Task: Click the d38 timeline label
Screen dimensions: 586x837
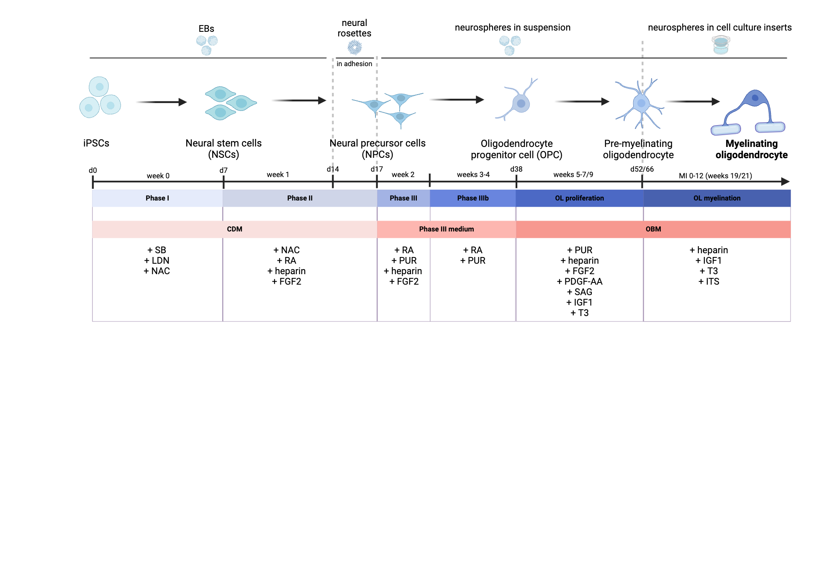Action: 516,169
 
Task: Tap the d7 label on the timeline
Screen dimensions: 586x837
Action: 223,170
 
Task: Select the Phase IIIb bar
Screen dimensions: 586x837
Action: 472,198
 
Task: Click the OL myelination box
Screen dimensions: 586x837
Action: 716,198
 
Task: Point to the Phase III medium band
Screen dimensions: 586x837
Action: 446,229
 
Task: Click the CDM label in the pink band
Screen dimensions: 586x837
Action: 234,229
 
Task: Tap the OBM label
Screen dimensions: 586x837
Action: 653,229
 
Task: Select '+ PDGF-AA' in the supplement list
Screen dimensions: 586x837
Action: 579,281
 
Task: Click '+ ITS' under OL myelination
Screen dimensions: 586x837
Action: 709,281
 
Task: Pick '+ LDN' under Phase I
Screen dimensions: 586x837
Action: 157,260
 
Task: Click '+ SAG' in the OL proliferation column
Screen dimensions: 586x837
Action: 579,292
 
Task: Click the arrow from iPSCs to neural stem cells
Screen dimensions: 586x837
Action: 161,102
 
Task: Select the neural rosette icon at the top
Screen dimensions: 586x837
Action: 354,47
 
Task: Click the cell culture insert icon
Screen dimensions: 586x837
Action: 721,45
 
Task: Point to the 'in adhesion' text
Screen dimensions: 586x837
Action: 354,64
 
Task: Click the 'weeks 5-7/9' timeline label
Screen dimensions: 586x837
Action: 573,175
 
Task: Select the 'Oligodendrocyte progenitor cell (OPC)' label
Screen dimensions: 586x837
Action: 516,149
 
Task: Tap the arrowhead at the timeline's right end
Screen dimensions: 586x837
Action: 785,182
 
